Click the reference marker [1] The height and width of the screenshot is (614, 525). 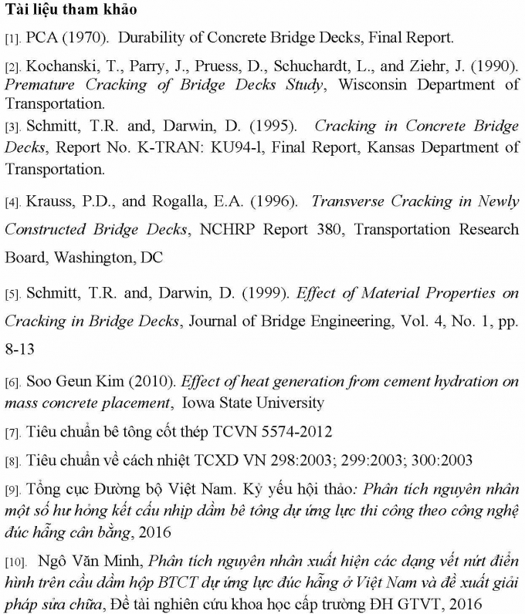pyautogui.click(x=12, y=37)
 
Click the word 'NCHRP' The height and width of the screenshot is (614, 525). pyautogui.click(x=225, y=229)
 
